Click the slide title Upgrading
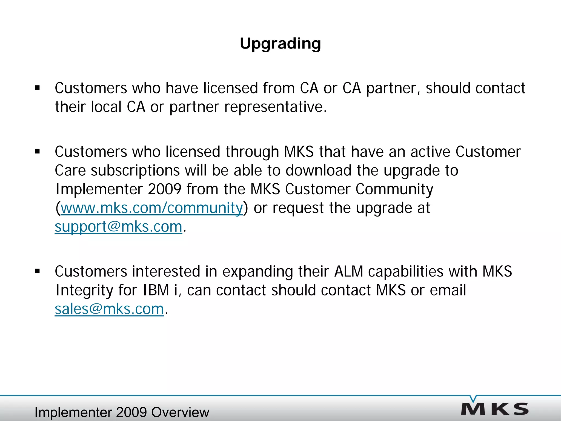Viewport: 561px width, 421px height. (280, 44)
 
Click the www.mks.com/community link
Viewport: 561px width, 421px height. (152, 208)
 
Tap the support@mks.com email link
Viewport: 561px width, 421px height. (118, 227)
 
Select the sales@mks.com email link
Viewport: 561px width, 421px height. (109, 309)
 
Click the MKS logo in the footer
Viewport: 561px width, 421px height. (495, 409)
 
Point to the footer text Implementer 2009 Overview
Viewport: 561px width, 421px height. (122, 412)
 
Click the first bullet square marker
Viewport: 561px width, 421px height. (38, 88)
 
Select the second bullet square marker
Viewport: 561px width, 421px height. (38, 152)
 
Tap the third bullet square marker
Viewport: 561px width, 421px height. (38, 271)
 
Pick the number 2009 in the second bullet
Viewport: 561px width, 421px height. (164, 189)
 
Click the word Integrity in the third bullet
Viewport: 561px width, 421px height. (84, 290)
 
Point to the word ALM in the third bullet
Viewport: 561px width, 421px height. (348, 271)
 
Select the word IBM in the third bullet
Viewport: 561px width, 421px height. (156, 290)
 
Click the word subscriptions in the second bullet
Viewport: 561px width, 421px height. (135, 170)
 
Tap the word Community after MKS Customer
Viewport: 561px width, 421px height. (394, 189)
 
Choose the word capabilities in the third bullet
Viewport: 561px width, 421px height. (405, 271)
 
